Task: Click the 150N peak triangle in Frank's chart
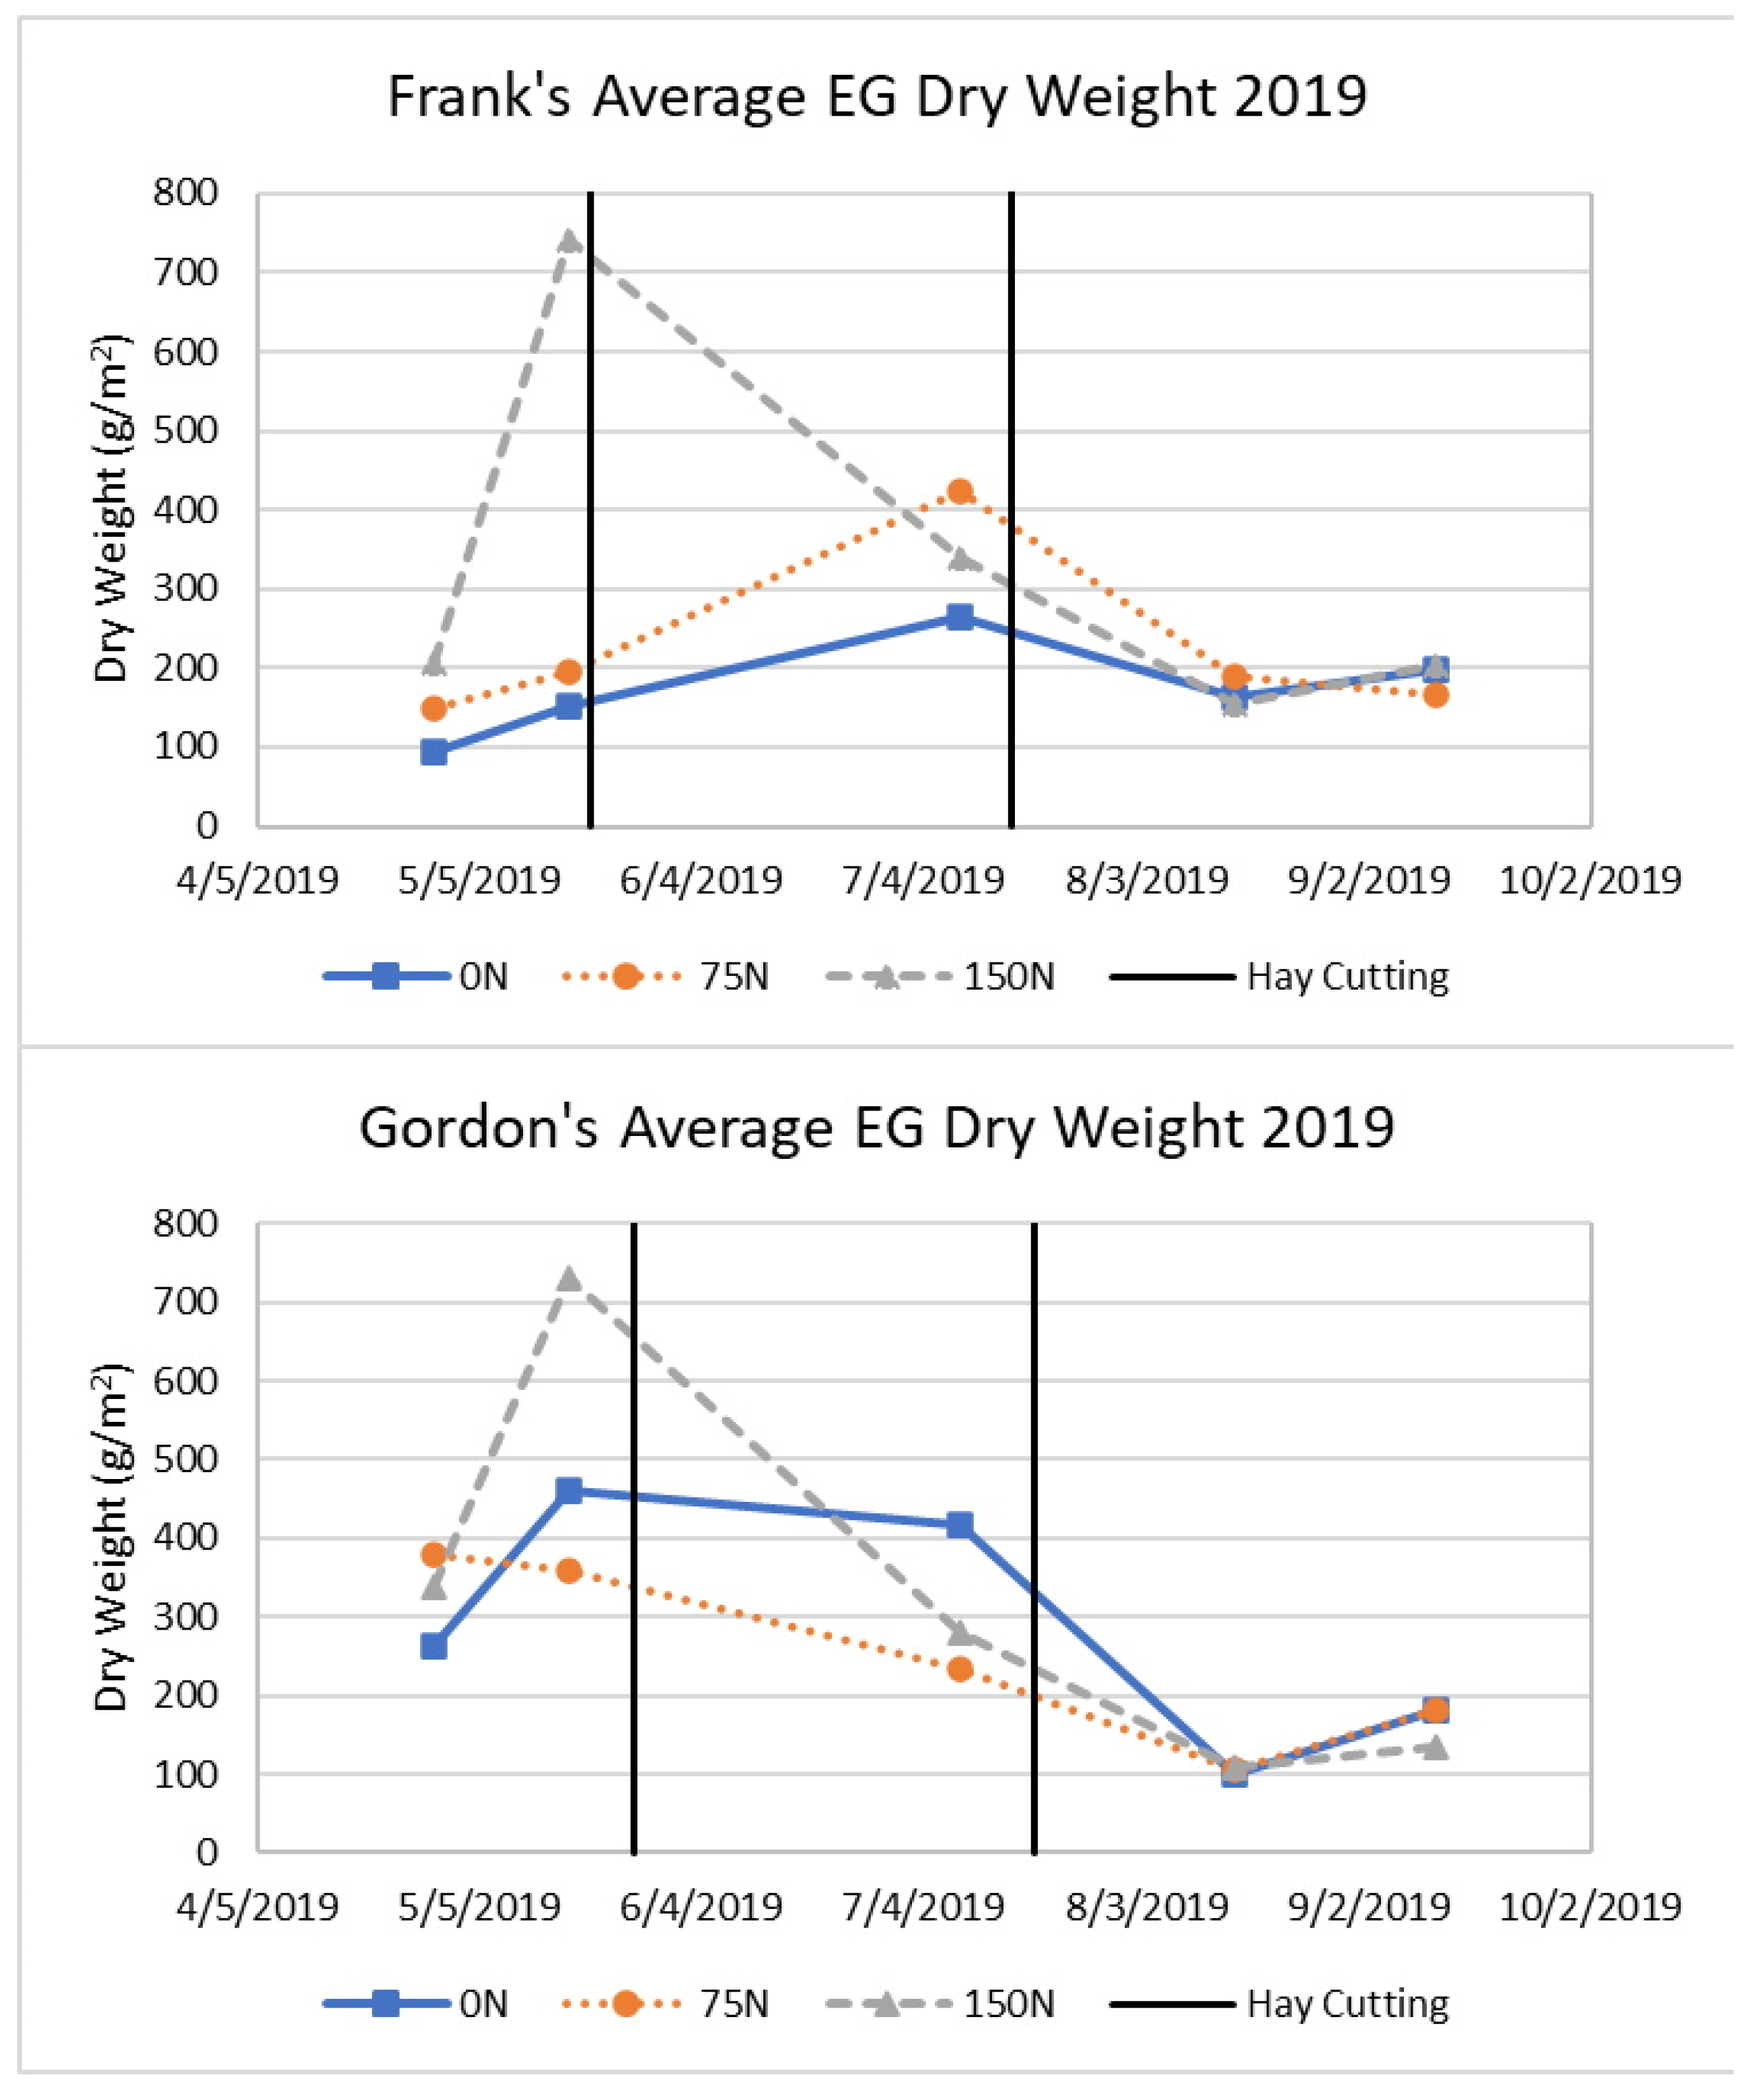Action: (569, 240)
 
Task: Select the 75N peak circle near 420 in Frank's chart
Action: (960, 491)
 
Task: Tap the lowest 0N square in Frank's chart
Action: (434, 752)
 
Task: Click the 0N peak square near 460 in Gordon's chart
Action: (569, 1491)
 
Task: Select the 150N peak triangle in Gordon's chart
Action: (569, 1278)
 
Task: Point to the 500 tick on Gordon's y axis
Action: (186, 1460)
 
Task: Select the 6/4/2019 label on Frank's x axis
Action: (701, 881)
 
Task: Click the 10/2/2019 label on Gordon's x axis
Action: (1590, 1907)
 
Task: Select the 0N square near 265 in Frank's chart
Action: (960, 617)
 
